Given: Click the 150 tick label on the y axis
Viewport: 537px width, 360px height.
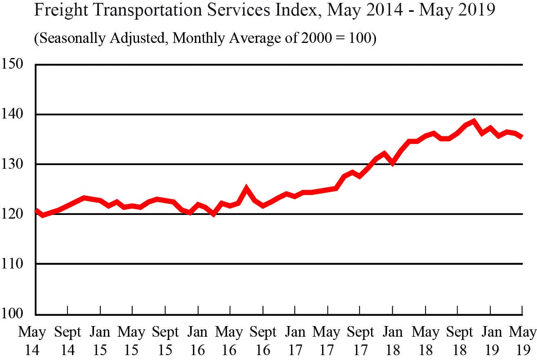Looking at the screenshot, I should (12, 64).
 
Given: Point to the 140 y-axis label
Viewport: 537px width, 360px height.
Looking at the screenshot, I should (12, 114).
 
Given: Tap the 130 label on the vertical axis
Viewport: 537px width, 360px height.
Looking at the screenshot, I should (12, 164).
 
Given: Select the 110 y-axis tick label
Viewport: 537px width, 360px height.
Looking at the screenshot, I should (12, 264).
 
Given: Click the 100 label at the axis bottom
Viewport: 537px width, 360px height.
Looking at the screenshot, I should (12, 314).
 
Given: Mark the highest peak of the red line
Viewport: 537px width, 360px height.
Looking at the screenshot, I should (474, 121).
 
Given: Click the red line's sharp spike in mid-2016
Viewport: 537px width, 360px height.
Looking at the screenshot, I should (246, 188).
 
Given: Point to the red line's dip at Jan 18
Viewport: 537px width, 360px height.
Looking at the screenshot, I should (392, 163).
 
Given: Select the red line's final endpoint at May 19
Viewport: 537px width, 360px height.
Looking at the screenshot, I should (522, 137).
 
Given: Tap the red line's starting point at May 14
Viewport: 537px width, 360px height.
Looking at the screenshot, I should (36, 211).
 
